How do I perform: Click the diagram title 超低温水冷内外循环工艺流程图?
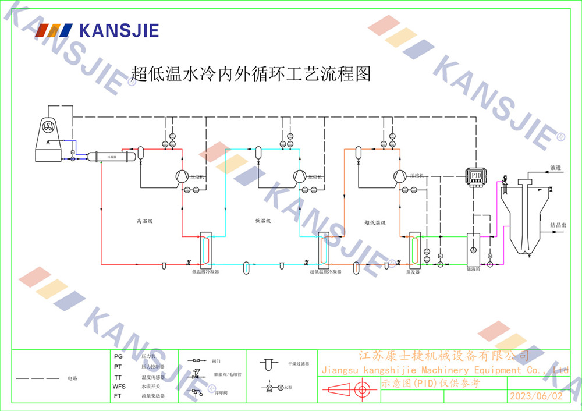(x=251, y=74)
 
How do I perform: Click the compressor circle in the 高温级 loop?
(x=181, y=176)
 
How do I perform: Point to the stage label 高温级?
(x=144, y=221)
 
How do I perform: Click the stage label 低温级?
(x=263, y=221)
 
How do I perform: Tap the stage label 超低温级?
(x=375, y=222)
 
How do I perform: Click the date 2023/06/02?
(x=536, y=396)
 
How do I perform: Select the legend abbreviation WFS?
(x=119, y=387)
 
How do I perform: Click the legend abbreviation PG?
(x=118, y=356)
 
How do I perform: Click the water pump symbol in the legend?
(x=272, y=387)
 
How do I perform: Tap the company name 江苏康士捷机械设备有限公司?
(x=443, y=356)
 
